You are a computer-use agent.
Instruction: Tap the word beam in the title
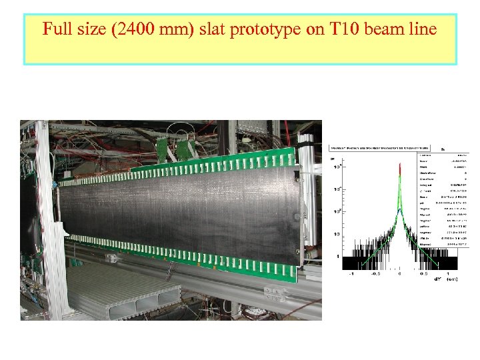point(375,30)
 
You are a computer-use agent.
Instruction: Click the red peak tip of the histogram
point(399,163)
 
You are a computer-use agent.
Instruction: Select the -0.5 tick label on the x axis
point(375,274)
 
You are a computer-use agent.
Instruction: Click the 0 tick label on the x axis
point(399,274)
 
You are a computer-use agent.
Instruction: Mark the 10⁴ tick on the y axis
point(338,167)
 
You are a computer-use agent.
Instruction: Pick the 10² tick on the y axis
point(338,211)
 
